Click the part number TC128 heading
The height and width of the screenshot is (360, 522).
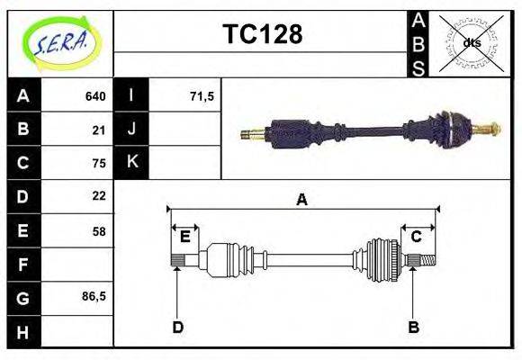tap(262, 35)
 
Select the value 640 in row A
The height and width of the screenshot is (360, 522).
tap(95, 96)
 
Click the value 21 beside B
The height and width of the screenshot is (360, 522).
tap(99, 130)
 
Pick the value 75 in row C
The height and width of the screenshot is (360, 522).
tap(99, 163)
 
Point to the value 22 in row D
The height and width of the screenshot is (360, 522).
tap(99, 195)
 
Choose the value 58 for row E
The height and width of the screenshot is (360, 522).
tap(99, 231)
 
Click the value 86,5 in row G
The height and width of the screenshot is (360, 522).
tap(94, 296)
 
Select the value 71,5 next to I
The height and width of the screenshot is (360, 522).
tap(202, 96)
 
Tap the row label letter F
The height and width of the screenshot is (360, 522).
tap(23, 265)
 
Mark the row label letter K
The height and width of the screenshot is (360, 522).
tap(131, 162)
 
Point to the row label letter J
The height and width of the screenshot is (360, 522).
tap(131, 130)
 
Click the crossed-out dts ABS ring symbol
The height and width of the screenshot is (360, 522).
tap(471, 42)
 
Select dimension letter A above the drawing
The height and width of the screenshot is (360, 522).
tap(302, 200)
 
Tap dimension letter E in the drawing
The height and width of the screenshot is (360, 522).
tap(184, 237)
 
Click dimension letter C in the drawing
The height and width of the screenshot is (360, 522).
tap(417, 237)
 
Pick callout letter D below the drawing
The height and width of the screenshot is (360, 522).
tap(177, 327)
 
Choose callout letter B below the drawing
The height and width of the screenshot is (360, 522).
tap(413, 327)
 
